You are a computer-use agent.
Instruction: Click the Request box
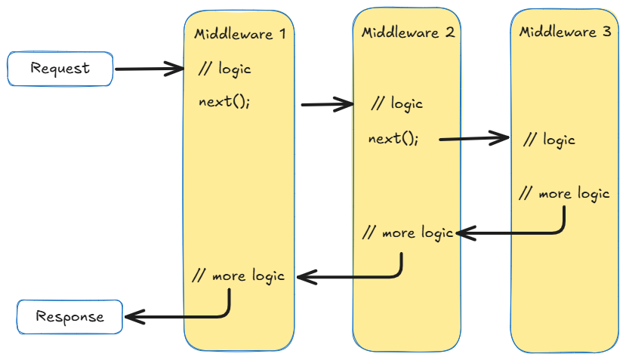[60, 69]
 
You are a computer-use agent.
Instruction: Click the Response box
[69, 316]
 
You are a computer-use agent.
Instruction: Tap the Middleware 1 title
[239, 34]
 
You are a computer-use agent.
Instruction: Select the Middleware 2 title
[408, 33]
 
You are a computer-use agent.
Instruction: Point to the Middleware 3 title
[566, 32]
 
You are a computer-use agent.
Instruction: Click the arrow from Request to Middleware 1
[149, 70]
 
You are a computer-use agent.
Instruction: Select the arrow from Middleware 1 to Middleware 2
[328, 105]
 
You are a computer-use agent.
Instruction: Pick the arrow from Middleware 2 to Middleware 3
[474, 138]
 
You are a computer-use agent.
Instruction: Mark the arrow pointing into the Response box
[177, 317]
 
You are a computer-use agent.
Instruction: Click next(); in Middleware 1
[224, 102]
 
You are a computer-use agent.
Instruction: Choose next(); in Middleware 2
[393, 139]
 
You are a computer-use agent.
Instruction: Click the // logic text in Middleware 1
[224, 69]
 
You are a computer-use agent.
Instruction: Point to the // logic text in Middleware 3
[549, 140]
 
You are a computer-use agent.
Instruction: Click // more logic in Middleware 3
[564, 193]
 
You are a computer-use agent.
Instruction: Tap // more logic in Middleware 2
[408, 232]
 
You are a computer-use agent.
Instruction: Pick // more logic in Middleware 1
[239, 275]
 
